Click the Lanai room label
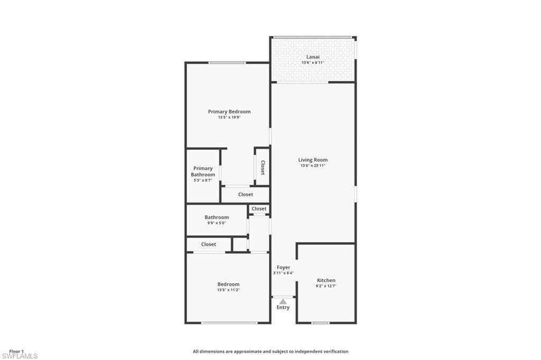click(x=313, y=57)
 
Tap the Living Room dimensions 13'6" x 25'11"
click(x=313, y=166)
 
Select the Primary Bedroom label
click(x=229, y=111)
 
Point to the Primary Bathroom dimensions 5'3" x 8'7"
click(x=203, y=181)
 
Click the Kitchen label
click(x=326, y=280)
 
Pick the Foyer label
click(x=283, y=267)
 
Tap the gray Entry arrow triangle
click(x=283, y=302)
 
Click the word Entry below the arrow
click(x=283, y=307)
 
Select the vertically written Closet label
click(x=263, y=167)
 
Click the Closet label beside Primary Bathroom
click(x=246, y=194)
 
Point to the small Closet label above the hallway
click(x=259, y=209)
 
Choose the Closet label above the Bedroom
click(x=208, y=244)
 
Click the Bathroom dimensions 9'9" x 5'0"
click(x=217, y=223)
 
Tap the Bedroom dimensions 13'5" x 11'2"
click(x=228, y=290)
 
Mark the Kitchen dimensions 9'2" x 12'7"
click(x=326, y=286)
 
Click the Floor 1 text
click(x=16, y=352)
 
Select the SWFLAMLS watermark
click(x=20, y=356)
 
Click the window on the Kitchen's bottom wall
click(x=320, y=323)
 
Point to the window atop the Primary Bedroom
click(x=227, y=63)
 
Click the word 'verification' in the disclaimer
click(x=335, y=352)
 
